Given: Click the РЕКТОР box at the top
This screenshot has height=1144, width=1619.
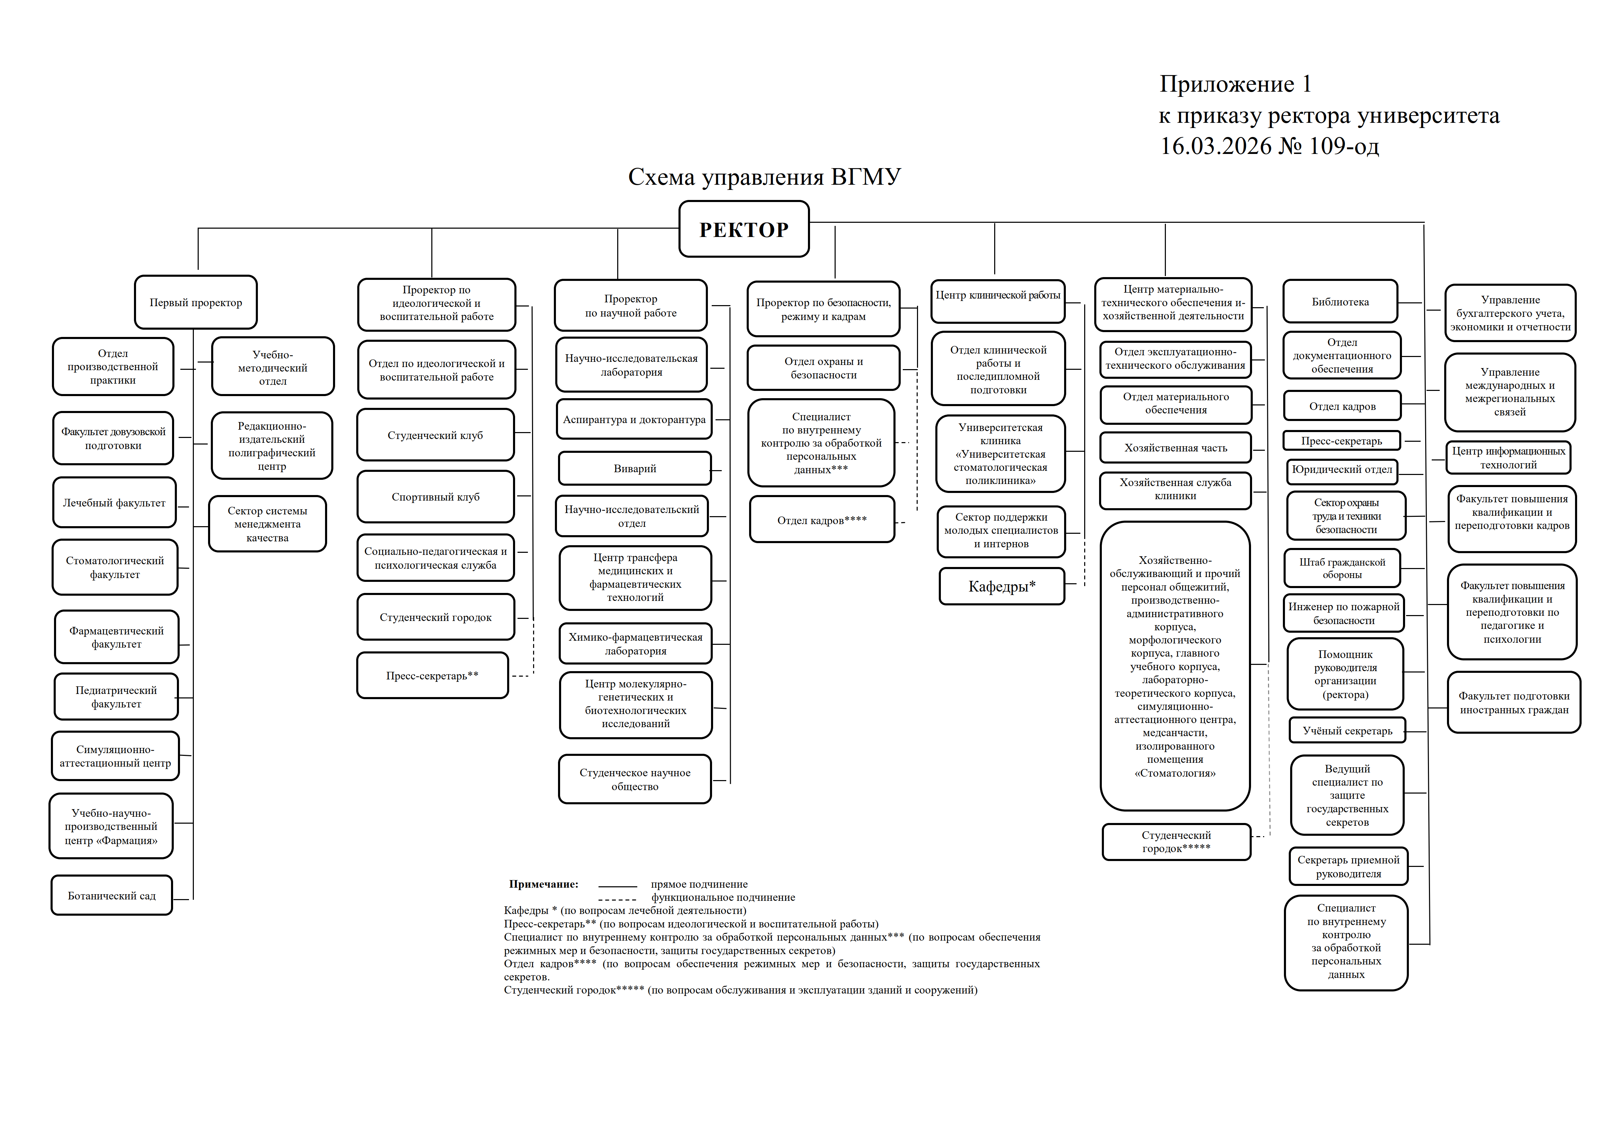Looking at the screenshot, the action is (x=744, y=229).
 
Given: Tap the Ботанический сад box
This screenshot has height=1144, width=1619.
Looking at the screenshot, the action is (x=111, y=895).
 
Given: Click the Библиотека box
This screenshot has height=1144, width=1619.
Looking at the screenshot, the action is (x=1340, y=302).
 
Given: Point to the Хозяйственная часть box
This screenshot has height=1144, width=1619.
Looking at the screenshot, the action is (x=1176, y=448).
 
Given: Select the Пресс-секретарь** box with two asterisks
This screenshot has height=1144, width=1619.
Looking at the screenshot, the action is (x=432, y=675).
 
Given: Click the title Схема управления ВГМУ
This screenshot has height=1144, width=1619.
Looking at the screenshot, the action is (x=764, y=177).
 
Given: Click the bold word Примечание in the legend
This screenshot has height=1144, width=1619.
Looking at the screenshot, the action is (x=543, y=884).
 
